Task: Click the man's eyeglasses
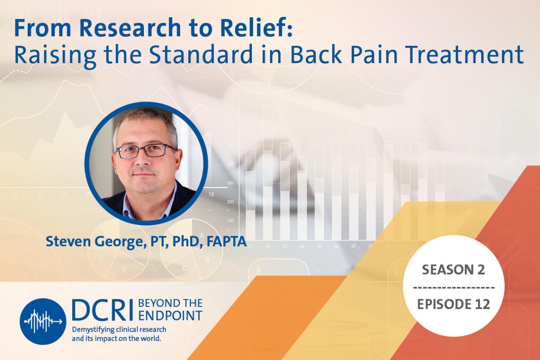[x=145, y=151]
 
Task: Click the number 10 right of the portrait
[x=211, y=194]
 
